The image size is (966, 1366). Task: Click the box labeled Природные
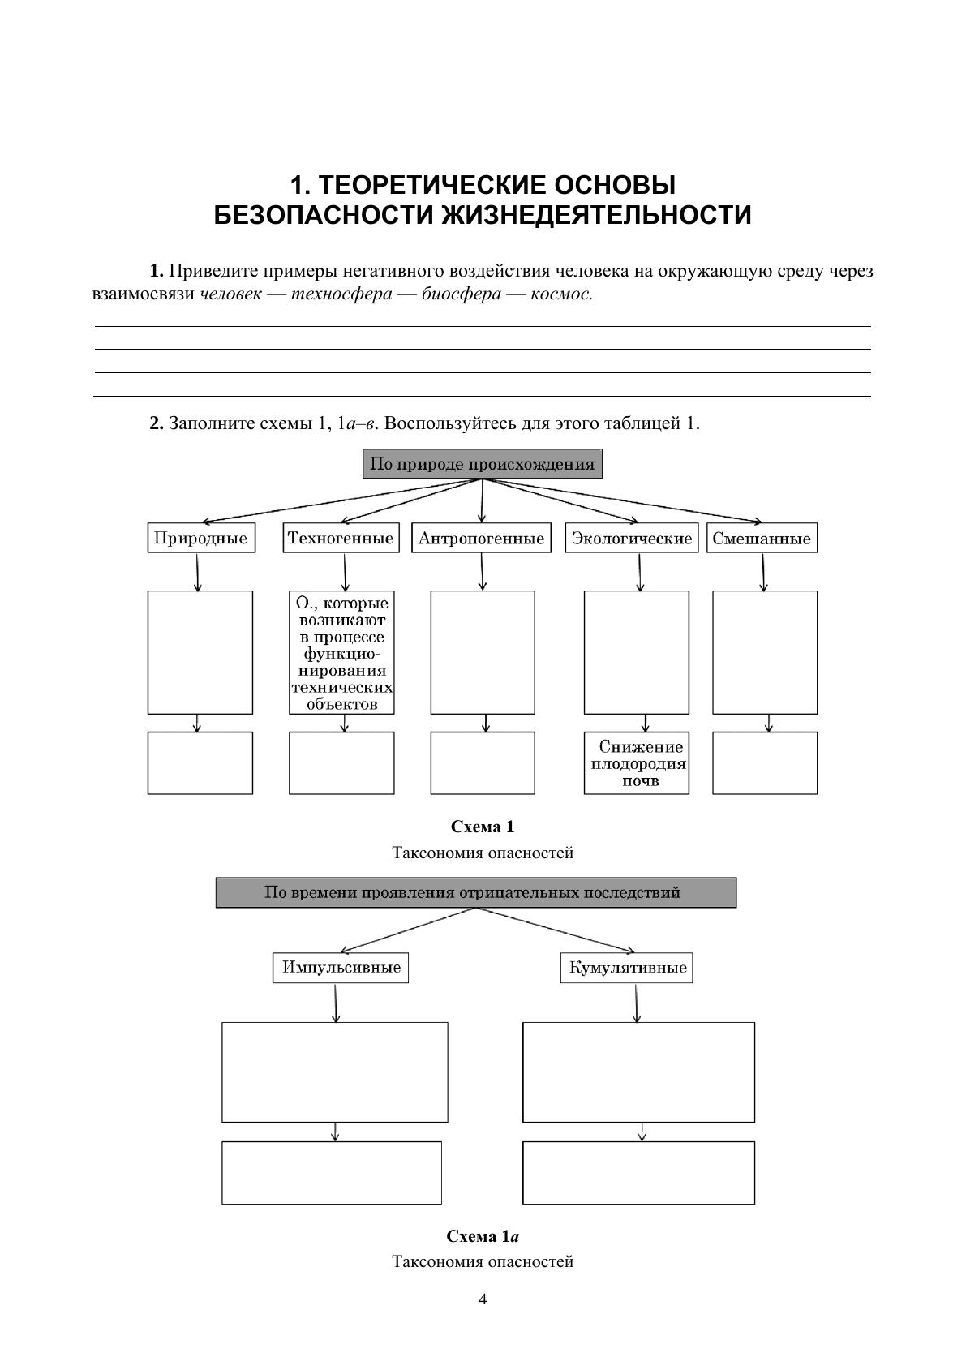tap(201, 539)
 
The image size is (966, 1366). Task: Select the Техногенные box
tap(341, 539)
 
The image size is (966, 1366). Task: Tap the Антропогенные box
tap(481, 539)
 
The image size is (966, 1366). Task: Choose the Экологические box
tap(631, 539)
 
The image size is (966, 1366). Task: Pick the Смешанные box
tap(762, 539)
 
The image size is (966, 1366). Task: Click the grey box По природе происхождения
tap(482, 465)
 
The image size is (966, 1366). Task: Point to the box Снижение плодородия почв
tap(638, 763)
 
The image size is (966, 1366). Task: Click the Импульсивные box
tap(341, 968)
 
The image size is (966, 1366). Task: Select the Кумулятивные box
tap(627, 968)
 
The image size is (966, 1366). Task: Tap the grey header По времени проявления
tap(475, 893)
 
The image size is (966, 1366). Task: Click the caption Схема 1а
tap(483, 1237)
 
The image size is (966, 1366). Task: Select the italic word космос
tap(560, 294)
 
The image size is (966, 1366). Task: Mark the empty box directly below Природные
tap(200, 652)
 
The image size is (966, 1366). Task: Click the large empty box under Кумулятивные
tap(638, 1072)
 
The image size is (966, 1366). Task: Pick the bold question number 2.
tap(157, 423)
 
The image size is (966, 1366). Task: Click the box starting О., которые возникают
tap(341, 652)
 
